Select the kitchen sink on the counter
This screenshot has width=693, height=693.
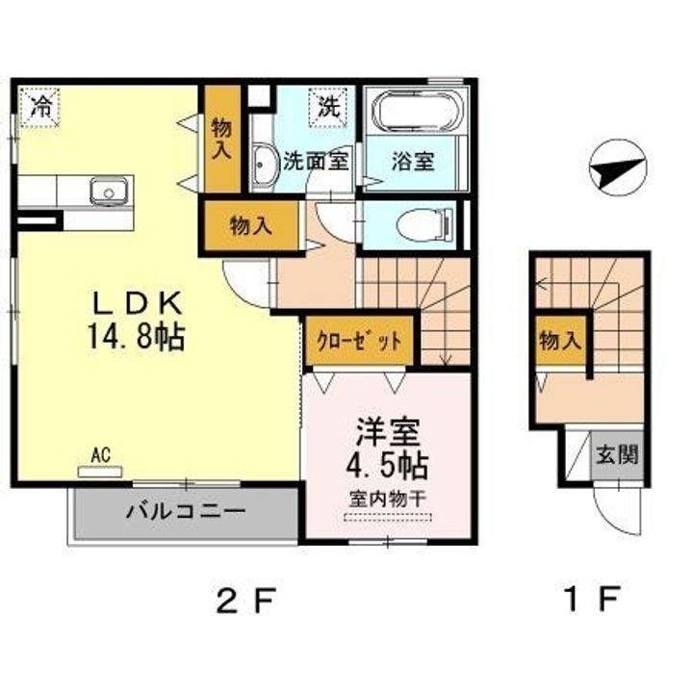(x=109, y=192)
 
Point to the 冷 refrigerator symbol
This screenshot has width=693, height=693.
(x=39, y=108)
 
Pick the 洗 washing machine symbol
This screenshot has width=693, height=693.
(x=329, y=108)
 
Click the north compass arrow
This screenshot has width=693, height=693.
(x=618, y=167)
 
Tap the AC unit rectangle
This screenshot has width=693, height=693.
(x=100, y=472)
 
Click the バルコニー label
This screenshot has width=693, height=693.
(x=186, y=512)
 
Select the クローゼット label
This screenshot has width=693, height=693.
(x=359, y=341)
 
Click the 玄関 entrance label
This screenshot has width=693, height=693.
(x=617, y=454)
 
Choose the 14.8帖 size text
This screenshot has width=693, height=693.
(x=136, y=336)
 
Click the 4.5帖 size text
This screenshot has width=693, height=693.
(x=387, y=466)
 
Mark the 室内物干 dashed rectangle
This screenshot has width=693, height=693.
(x=387, y=517)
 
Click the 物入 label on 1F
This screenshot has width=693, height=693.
(x=560, y=341)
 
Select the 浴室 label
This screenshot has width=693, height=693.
(x=413, y=161)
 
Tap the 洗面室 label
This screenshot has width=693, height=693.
(x=317, y=161)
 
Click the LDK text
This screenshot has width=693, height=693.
(x=137, y=303)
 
